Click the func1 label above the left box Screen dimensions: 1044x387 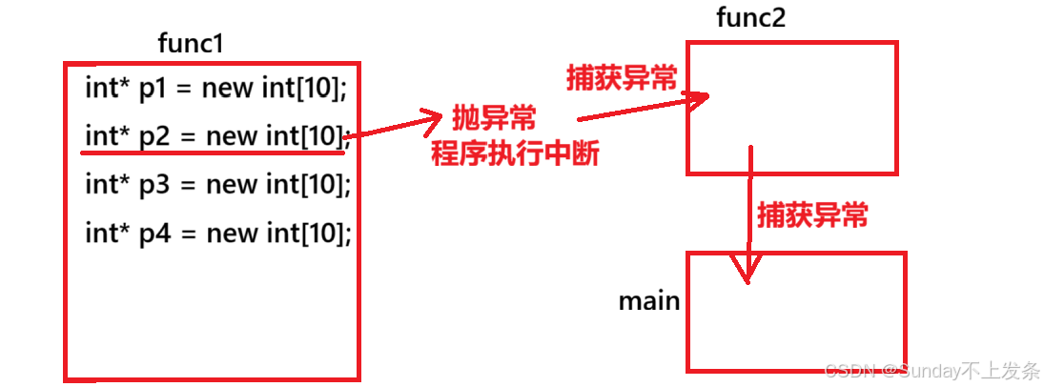click(x=191, y=44)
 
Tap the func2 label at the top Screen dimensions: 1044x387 click(x=750, y=17)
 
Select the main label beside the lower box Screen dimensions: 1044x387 click(x=649, y=301)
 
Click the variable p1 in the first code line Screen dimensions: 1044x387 click(x=154, y=89)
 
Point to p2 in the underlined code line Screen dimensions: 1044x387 click(x=154, y=135)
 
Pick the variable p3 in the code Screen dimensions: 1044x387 click(x=154, y=183)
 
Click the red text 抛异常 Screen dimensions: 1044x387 click(x=493, y=119)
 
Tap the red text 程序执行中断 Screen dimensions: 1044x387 click(x=515, y=153)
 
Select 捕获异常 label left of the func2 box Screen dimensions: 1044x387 click(x=621, y=78)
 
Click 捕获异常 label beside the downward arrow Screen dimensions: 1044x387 click(x=812, y=215)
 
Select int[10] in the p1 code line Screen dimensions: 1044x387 click(x=303, y=89)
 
